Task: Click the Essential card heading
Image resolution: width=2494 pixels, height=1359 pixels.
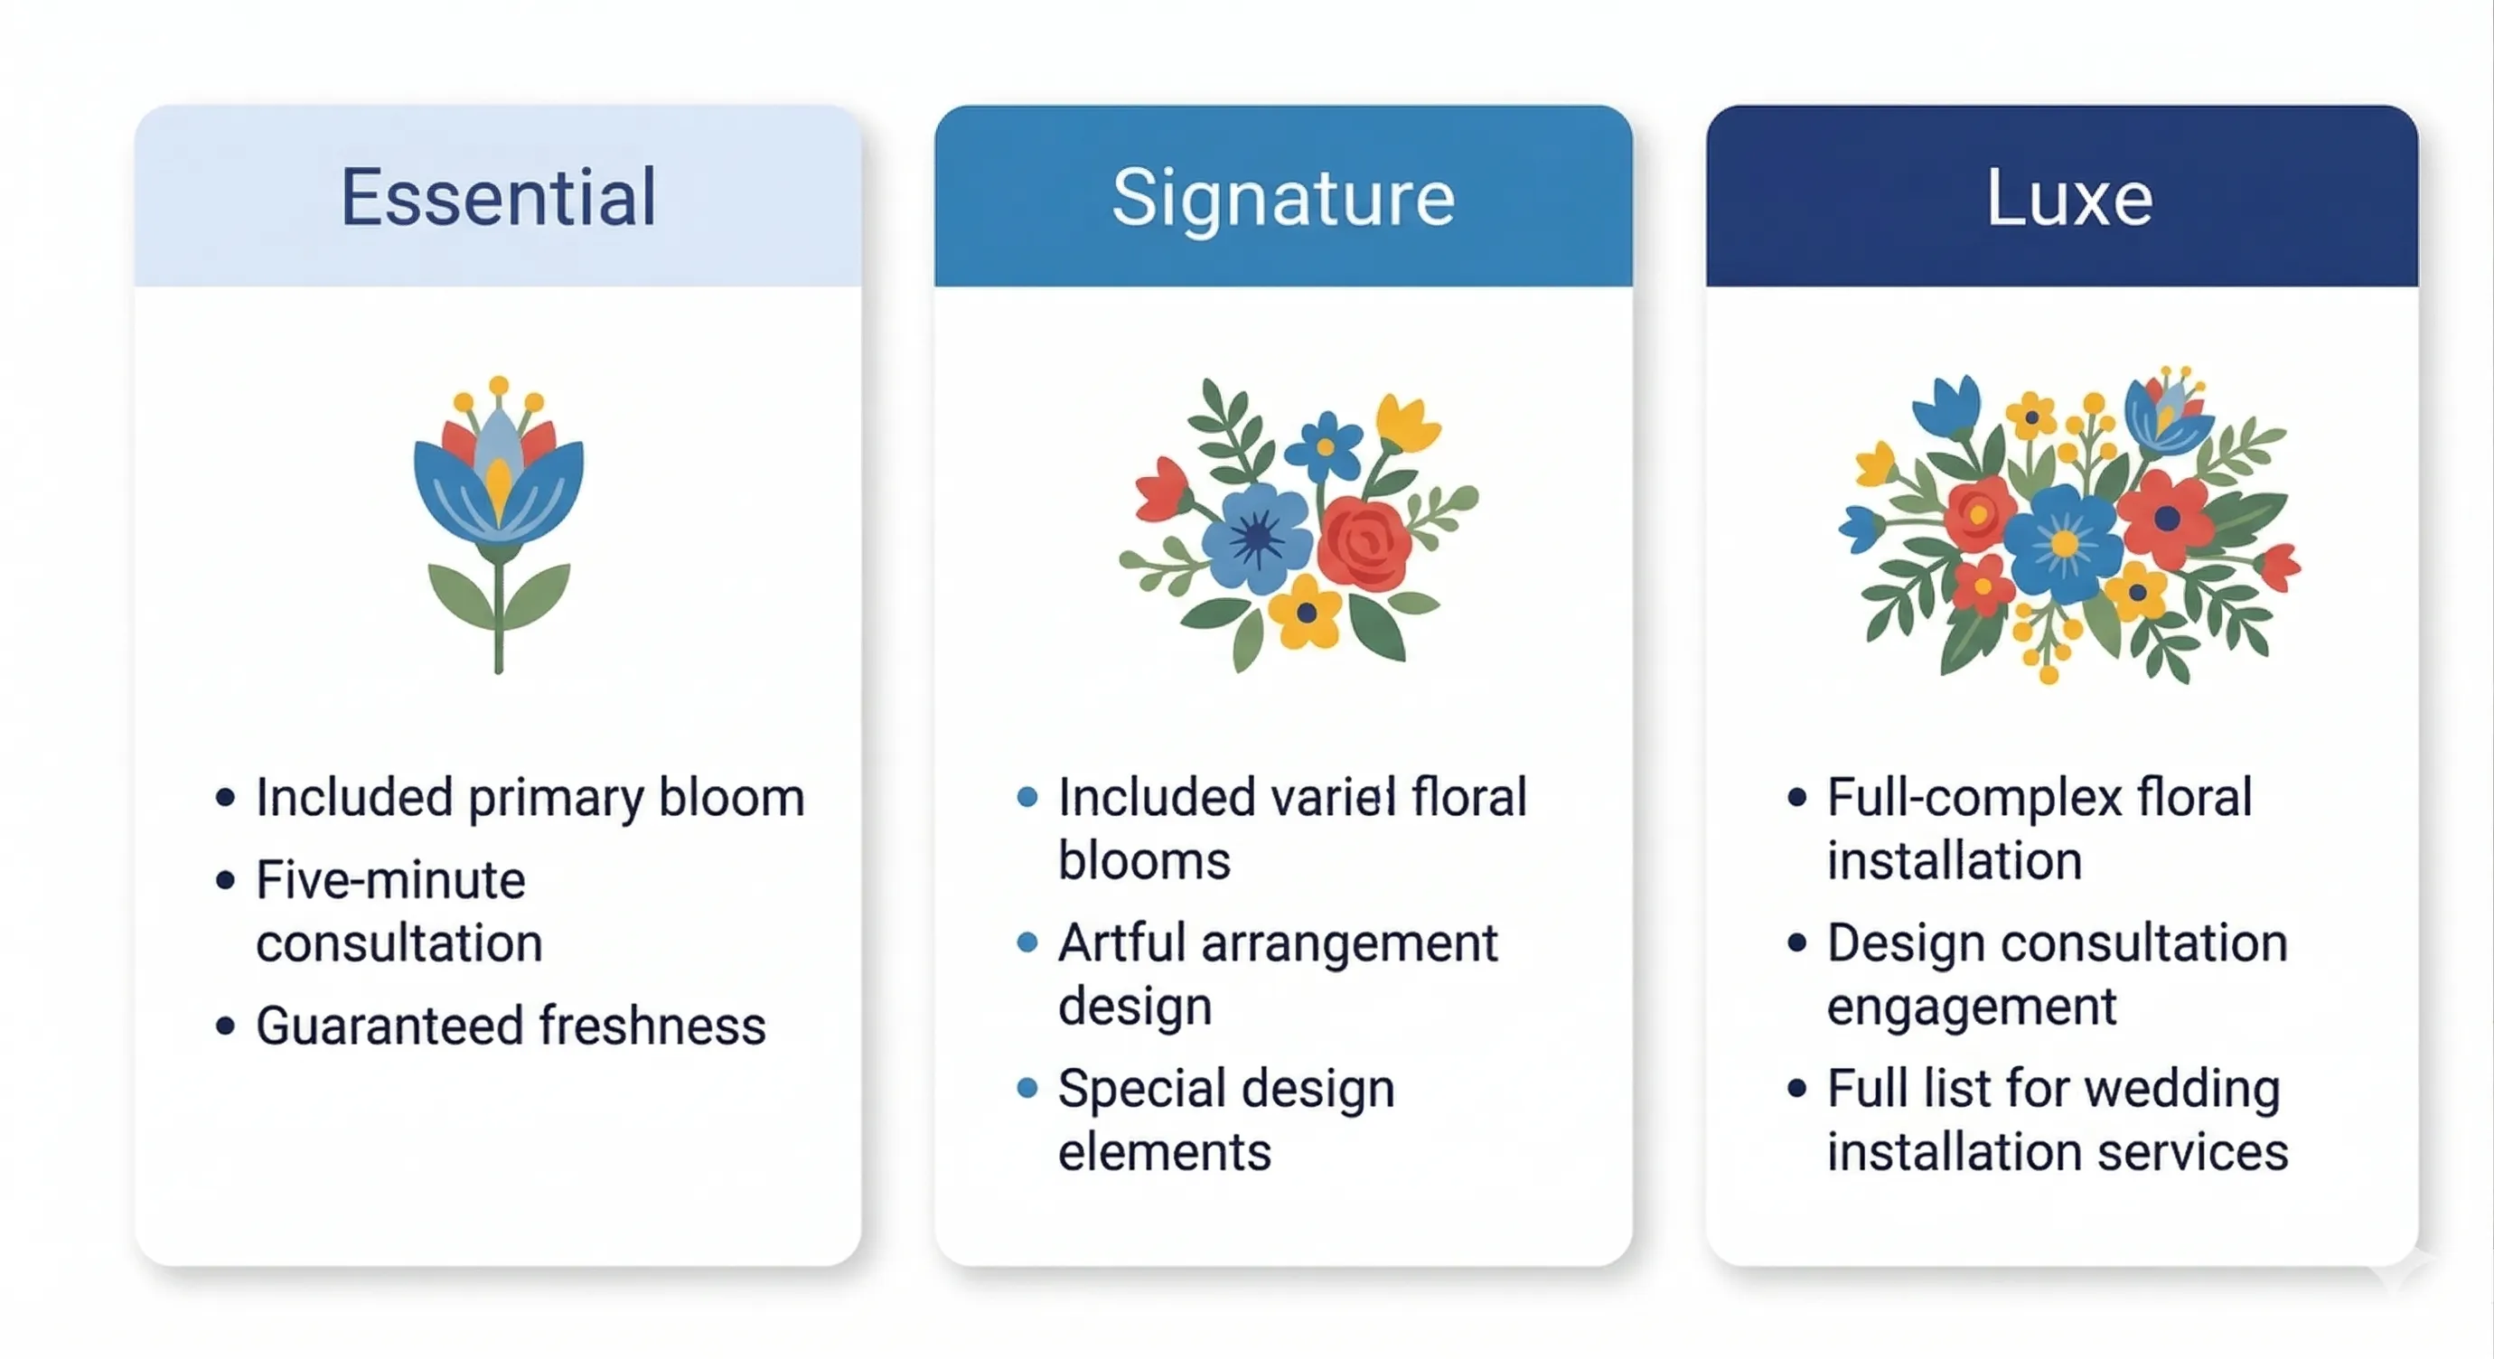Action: pyautogui.click(x=498, y=198)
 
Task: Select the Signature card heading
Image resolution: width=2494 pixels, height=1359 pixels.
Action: pyautogui.click(x=1283, y=198)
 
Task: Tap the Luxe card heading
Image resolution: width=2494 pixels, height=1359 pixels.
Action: pyautogui.click(x=2069, y=198)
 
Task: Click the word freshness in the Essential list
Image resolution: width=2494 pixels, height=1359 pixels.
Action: pyautogui.click(x=652, y=1026)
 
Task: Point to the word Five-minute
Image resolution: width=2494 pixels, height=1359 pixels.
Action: pyautogui.click(x=390, y=881)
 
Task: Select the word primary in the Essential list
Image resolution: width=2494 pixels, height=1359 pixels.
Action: pyautogui.click(x=556, y=800)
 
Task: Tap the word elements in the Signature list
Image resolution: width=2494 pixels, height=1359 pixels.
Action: pyautogui.click(x=1164, y=1152)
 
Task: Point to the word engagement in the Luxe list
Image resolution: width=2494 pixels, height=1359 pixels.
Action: pyautogui.click(x=1971, y=1008)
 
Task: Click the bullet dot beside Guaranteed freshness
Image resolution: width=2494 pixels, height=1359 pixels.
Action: pyautogui.click(x=226, y=1026)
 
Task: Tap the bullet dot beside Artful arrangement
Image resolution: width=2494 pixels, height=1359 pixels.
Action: pyautogui.click(x=1027, y=942)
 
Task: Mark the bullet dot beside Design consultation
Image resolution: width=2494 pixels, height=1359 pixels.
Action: pyautogui.click(x=1797, y=942)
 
